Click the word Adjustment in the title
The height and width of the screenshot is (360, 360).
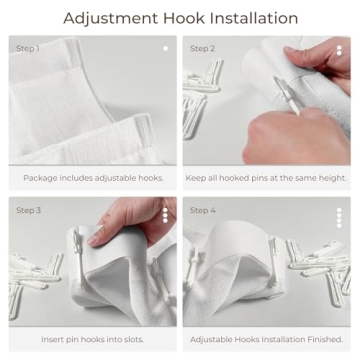pos(109,18)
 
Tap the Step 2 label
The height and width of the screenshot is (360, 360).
pos(202,48)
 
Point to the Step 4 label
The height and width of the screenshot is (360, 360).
pos(202,210)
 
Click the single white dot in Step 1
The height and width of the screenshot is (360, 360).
pos(166,48)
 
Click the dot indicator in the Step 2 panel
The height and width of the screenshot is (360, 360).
pos(339,48)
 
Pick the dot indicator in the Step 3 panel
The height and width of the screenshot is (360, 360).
pos(166,215)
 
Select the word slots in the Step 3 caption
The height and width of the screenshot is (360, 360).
pos(144,340)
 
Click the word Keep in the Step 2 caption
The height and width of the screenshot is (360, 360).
pos(196,178)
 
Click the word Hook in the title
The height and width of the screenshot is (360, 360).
pos(179,18)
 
